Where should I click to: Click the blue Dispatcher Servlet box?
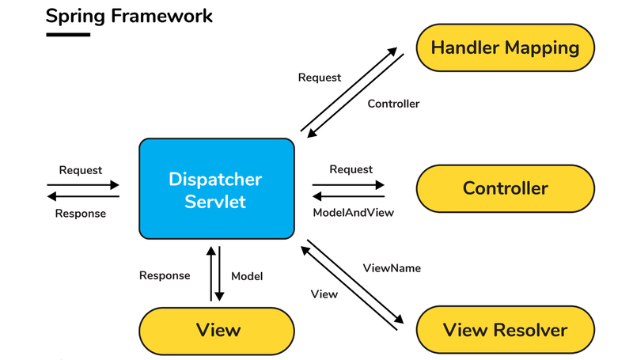216,190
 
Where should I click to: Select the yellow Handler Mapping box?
505,47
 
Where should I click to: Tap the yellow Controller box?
505,188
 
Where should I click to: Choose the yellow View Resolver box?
505,329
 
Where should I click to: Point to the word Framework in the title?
162,16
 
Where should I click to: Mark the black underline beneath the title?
67,35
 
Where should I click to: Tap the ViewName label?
392,268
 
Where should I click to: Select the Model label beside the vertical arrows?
247,276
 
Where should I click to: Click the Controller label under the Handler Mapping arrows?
393,104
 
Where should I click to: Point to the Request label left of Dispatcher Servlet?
81,170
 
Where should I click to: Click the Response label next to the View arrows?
165,276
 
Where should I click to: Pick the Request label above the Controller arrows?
351,169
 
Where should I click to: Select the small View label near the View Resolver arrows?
324,294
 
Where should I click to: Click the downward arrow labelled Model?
221,274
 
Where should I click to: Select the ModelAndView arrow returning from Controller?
348,196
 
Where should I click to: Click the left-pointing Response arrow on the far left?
83,196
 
